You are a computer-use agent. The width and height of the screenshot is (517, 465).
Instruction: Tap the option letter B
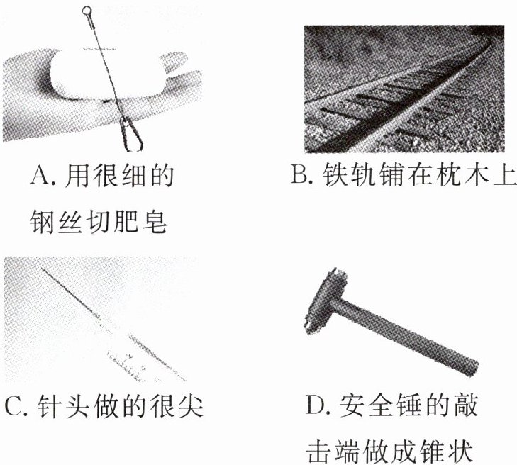(299, 174)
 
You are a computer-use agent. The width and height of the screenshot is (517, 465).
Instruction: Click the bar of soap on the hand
(109, 74)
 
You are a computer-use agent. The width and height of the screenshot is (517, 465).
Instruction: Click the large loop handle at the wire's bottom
(131, 135)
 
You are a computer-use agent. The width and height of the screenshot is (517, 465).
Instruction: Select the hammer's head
(324, 301)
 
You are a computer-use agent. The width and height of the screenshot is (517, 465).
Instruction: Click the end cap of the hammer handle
(472, 367)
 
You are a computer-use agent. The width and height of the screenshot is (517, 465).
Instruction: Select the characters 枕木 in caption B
(447, 174)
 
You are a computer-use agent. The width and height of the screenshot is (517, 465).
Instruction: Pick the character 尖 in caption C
(191, 406)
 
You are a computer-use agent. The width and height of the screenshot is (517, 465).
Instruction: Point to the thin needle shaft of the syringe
(70, 293)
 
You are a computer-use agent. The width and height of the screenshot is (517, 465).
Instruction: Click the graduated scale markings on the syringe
(127, 365)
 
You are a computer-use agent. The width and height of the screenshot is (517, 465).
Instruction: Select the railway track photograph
(404, 89)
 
